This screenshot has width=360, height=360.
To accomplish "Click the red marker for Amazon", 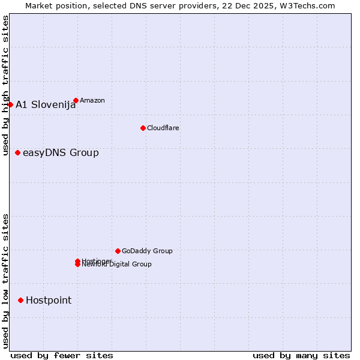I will (x=76, y=101).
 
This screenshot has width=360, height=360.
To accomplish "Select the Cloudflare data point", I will (x=143, y=128).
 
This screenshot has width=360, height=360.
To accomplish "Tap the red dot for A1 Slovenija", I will (x=10, y=105).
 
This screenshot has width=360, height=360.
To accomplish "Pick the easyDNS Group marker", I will (x=18, y=153).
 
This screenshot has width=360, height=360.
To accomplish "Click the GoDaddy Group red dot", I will (x=118, y=251).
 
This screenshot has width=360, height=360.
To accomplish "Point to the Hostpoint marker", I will (x=21, y=300).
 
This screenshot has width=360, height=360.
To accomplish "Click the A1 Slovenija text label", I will (x=46, y=105).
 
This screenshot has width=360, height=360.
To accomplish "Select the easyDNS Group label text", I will (x=61, y=153).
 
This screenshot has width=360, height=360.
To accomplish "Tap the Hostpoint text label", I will (x=49, y=301).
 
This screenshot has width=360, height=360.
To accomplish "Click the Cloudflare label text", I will (x=163, y=128).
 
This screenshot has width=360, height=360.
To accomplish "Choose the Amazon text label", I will (x=92, y=101).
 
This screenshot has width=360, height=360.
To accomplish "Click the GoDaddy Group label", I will (x=147, y=251).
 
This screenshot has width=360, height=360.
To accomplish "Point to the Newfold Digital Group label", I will (x=118, y=265).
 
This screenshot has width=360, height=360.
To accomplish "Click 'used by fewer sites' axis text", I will (x=62, y=355).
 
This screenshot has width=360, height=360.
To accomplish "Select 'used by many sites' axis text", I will (x=301, y=355).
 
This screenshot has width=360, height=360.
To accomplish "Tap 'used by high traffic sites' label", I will (x=5, y=86).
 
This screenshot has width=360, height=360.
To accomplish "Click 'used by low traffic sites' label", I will (x=5, y=281).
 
